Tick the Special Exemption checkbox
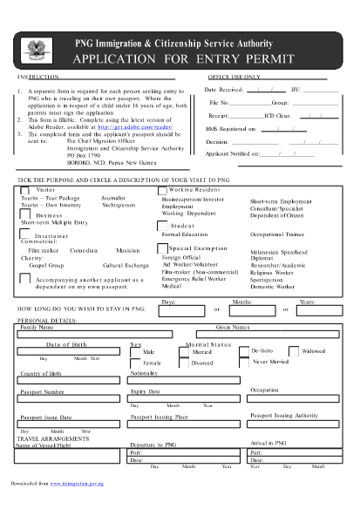pyautogui.click(x=163, y=248)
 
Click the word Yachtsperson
pyautogui.click(x=119, y=206)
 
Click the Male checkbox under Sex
pyautogui.click(x=135, y=353)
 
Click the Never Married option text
pyautogui.click(x=269, y=361)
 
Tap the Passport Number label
pyautogui.click(x=41, y=392)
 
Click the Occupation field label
pyautogui.click(x=264, y=390)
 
